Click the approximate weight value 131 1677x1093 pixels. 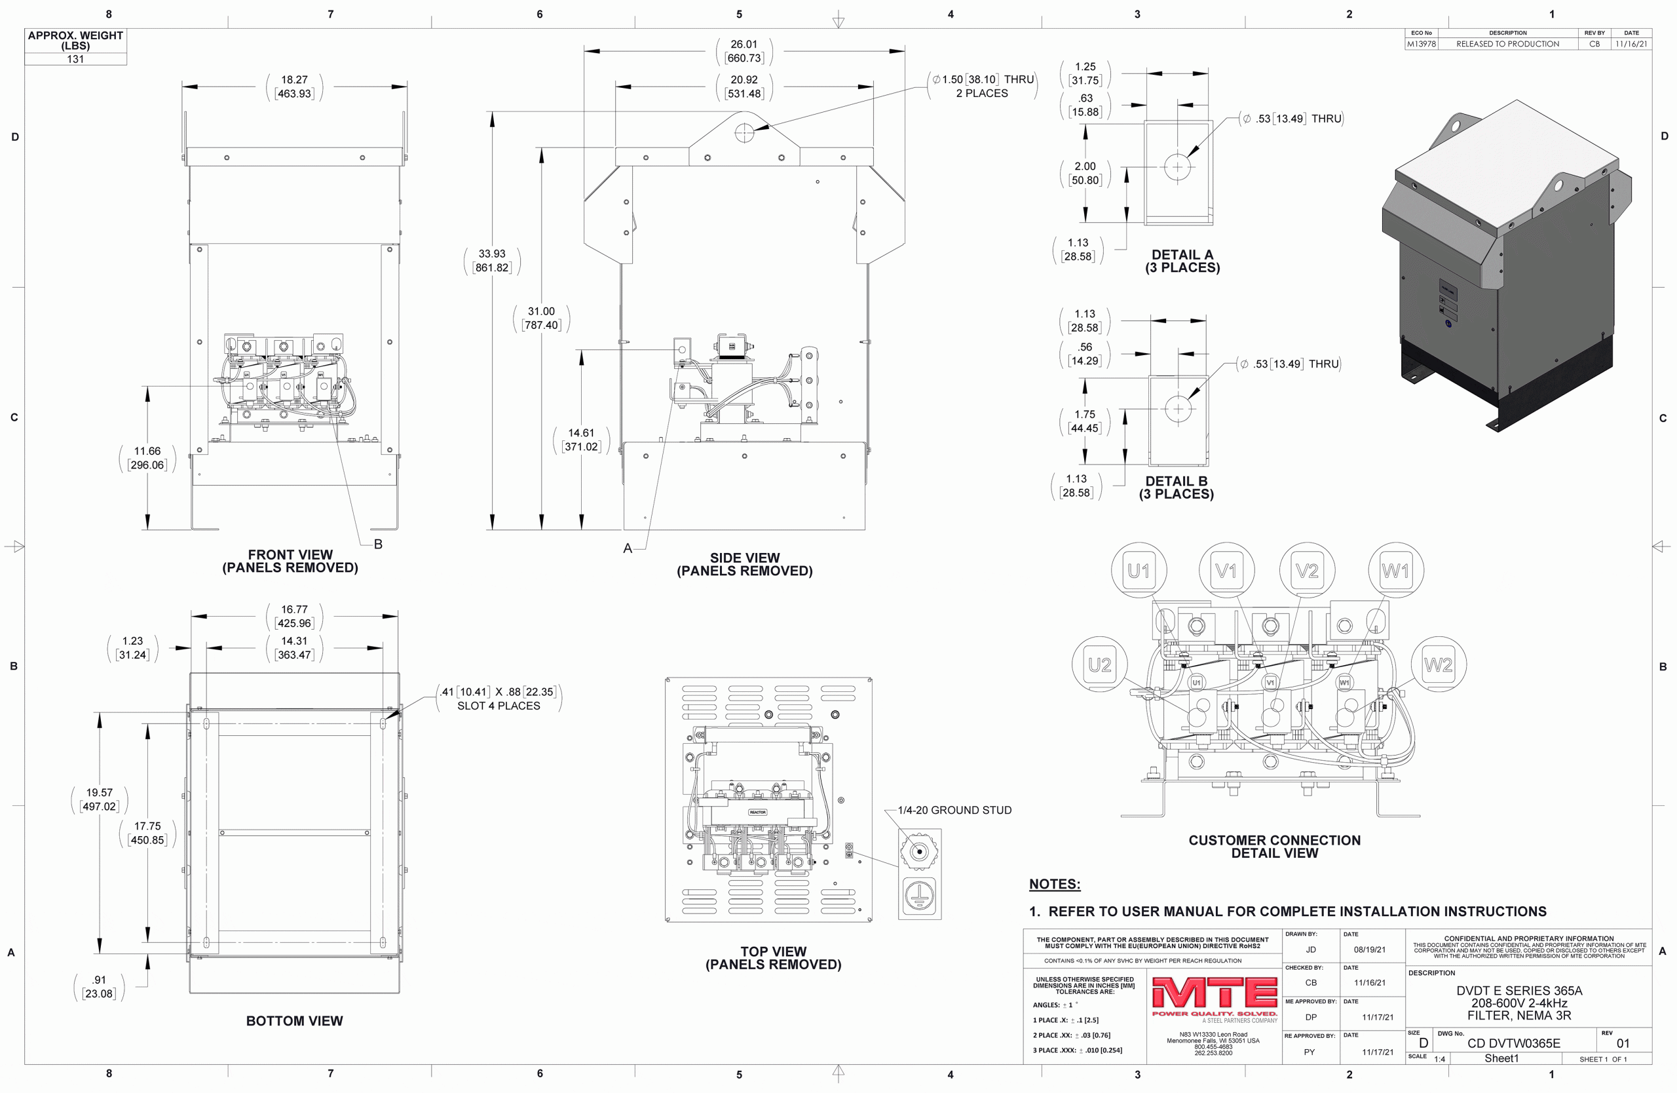[x=75, y=59]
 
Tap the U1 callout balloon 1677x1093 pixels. [x=1139, y=570]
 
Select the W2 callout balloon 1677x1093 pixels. [x=1438, y=664]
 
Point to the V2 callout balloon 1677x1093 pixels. [x=1307, y=570]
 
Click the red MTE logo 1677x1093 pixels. [x=1214, y=993]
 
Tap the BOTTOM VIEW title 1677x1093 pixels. [x=295, y=1020]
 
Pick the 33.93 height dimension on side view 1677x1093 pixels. [x=492, y=261]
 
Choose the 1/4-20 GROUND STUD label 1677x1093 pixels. [x=954, y=811]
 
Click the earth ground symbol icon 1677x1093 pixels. [x=920, y=897]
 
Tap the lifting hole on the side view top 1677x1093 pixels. [x=744, y=132]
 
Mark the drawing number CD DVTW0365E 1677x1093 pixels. [x=1513, y=1043]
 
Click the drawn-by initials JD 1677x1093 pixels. [x=1311, y=949]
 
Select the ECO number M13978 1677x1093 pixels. [x=1422, y=44]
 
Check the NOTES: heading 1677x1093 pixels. [x=1054, y=884]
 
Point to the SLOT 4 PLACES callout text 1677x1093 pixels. [x=499, y=706]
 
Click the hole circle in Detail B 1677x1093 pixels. [x=1178, y=409]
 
